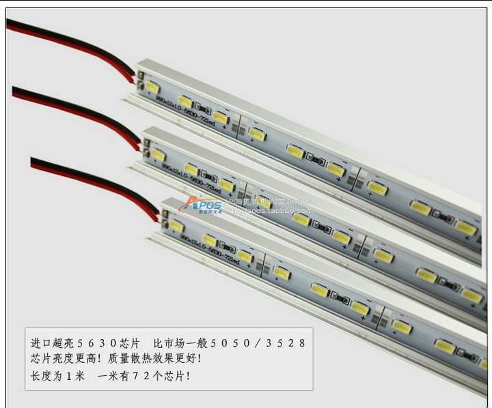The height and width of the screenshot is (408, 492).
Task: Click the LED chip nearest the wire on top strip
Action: pyautogui.click(x=152, y=89)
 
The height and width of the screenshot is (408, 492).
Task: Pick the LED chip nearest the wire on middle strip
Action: pyautogui.click(x=157, y=156)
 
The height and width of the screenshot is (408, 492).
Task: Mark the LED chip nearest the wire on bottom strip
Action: pyautogui.click(x=176, y=224)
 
